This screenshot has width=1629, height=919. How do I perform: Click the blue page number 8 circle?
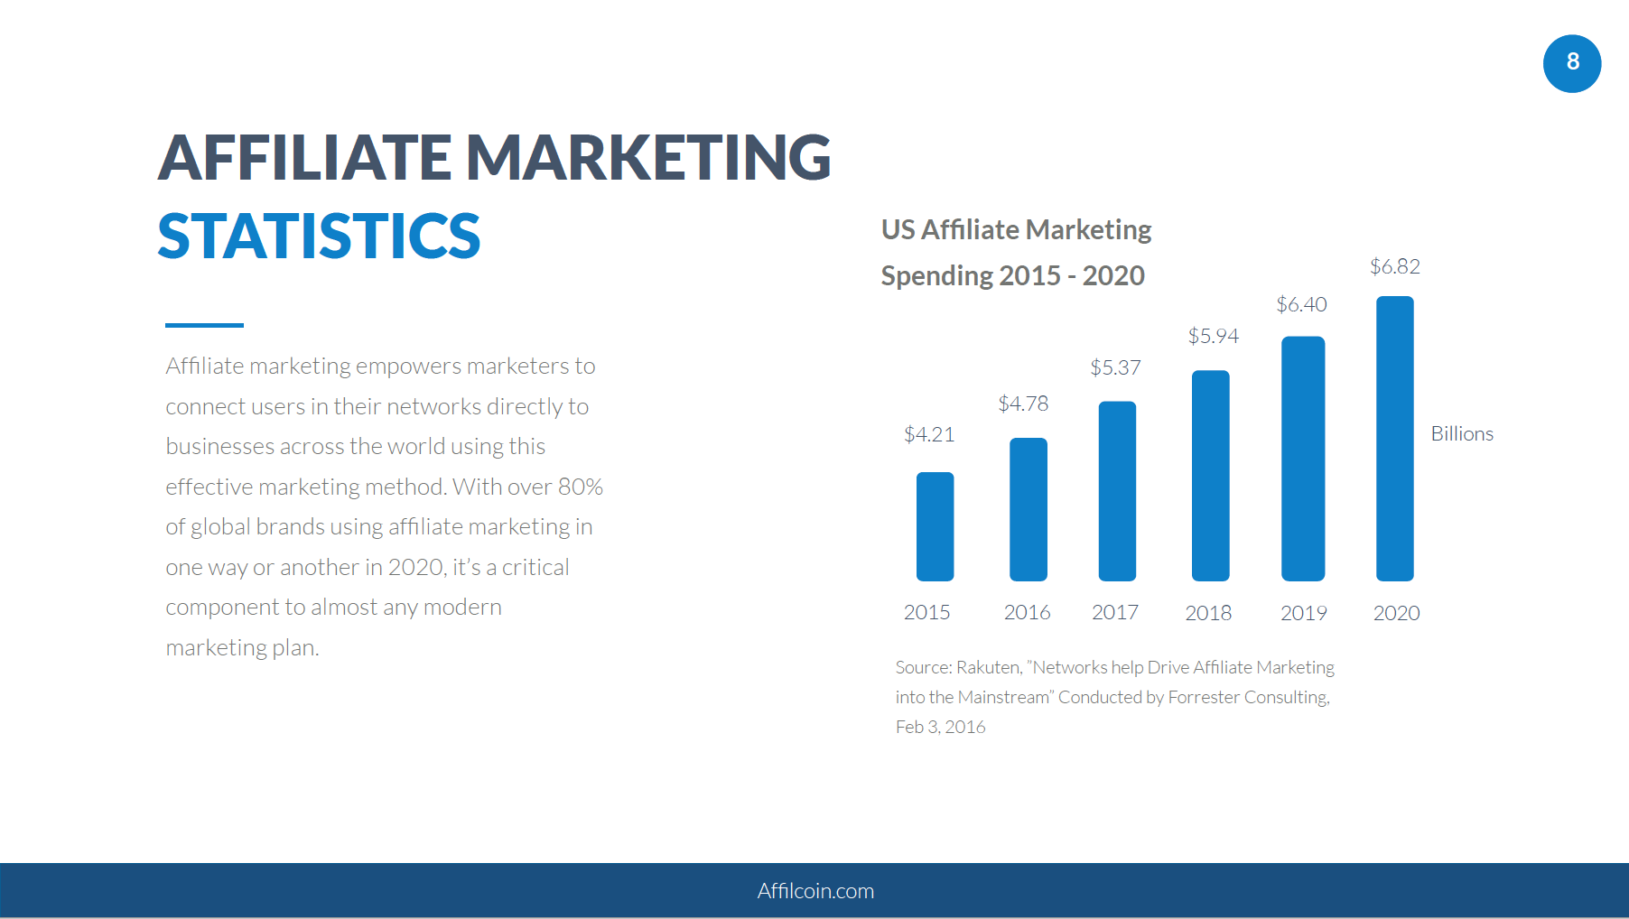1571,63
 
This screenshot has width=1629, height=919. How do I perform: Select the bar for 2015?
935,526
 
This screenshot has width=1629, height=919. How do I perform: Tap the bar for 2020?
1394,439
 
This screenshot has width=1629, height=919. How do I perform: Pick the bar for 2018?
1210,476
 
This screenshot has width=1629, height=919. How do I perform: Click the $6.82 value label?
1394,266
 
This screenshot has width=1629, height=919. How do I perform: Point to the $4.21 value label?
929,434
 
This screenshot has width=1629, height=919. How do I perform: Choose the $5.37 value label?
1115,367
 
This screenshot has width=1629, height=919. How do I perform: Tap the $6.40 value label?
1301,304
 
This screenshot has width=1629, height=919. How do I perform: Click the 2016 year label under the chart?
1027,612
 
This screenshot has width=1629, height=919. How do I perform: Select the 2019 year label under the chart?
1303,613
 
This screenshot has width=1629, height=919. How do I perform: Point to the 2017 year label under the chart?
1114,612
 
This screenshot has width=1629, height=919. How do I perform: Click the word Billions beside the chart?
1462,433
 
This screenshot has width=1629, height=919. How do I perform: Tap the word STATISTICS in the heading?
319,237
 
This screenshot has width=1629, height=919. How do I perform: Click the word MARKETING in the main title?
648,157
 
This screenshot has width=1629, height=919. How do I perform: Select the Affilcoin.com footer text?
815,891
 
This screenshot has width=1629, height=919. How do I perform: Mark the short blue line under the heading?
204,325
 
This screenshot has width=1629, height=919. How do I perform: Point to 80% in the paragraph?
580,487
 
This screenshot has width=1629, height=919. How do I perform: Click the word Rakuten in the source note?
989,667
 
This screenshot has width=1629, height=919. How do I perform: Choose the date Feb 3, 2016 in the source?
940,727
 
